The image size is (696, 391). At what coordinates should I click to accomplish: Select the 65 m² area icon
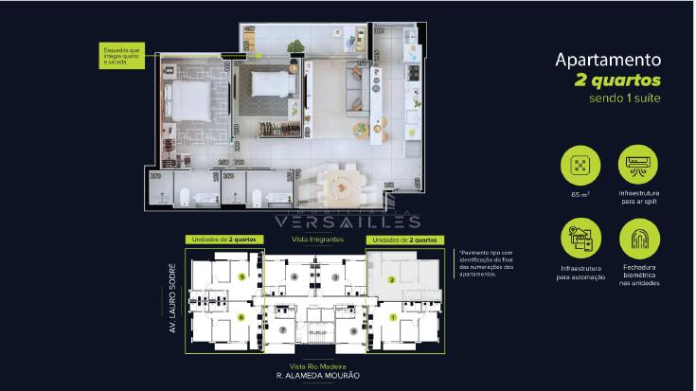pos(580,167)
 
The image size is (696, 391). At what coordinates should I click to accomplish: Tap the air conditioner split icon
pos(639,167)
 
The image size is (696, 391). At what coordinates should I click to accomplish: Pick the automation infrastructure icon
pos(580,239)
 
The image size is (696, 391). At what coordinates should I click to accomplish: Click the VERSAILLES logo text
pos(347,222)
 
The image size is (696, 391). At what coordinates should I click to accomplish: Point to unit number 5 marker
pos(242,277)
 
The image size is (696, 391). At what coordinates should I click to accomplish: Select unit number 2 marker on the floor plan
pos(393,280)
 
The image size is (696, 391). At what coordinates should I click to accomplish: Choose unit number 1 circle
pos(393,317)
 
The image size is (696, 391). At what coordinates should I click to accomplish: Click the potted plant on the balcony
pos(294,44)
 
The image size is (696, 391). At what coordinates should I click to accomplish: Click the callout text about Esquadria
pos(123,54)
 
